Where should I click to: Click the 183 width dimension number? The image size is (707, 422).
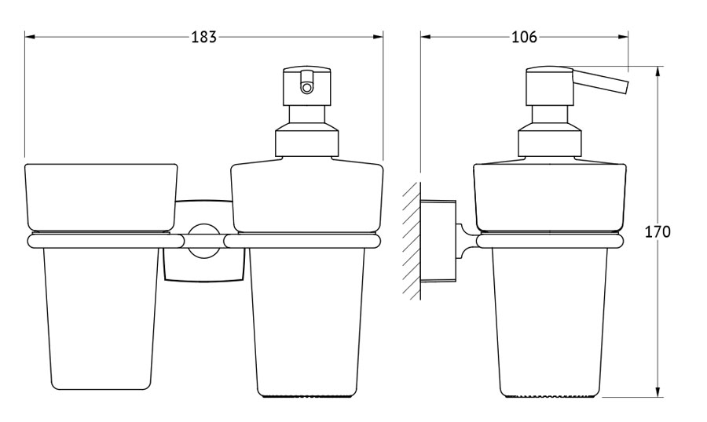[x=204, y=37]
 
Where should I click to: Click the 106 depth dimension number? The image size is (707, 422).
[x=525, y=37]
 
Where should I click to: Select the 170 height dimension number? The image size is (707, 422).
[x=658, y=231]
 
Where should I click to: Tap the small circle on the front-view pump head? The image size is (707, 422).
[x=306, y=87]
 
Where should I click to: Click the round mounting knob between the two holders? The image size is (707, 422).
[x=203, y=241]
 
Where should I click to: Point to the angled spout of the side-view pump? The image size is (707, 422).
[x=600, y=82]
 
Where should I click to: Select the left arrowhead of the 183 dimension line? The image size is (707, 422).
[x=30, y=37]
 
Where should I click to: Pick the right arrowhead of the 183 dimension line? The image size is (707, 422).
[x=378, y=37]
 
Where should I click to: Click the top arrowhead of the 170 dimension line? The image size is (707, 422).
[x=658, y=71]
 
